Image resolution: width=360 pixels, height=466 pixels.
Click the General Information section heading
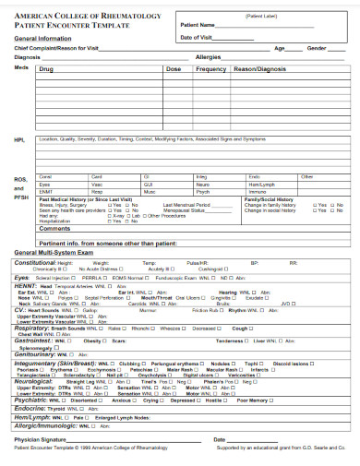pyautogui.click(x=44, y=39)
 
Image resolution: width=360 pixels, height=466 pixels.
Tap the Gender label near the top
pyautogui.click(x=317, y=47)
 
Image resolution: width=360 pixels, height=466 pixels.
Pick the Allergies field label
pyautogui.click(x=210, y=57)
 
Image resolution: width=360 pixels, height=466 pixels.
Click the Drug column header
pyautogui.click(x=47, y=69)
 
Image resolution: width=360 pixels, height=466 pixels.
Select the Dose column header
pyautogui.click(x=174, y=69)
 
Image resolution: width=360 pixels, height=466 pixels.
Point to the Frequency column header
pyautogui.click(x=210, y=69)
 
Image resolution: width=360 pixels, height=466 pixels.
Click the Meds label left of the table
pyautogui.click(x=20, y=67)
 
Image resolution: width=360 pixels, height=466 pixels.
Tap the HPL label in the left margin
pyautogui.click(x=19, y=139)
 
